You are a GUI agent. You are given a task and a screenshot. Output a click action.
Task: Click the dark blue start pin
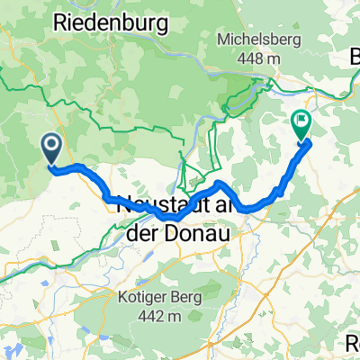click(x=51, y=147)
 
